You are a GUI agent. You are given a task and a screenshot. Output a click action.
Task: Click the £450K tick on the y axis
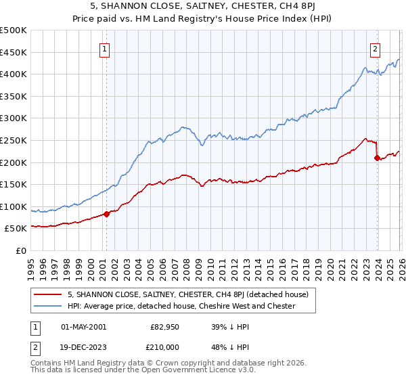point(14,52)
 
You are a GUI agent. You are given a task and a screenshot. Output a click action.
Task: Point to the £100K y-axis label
point(14,206)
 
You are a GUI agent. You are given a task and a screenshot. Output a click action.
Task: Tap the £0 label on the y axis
point(20,251)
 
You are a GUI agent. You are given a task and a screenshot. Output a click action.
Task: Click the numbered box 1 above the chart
point(106,48)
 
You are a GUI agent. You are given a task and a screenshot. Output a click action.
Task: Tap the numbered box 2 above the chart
point(375,48)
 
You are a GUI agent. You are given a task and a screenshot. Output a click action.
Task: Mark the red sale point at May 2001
point(106,214)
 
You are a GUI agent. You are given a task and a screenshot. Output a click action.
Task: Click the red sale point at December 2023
point(377,158)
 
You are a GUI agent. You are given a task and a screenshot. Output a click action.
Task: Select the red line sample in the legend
point(49,294)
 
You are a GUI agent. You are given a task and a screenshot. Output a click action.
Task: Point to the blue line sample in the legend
point(49,306)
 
